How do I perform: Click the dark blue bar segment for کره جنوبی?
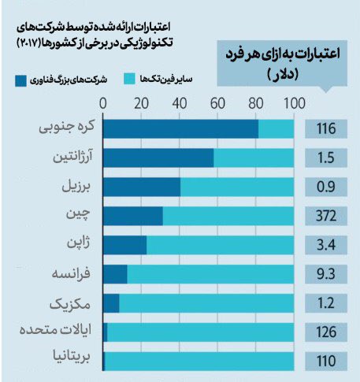pyautogui.click(x=180, y=128)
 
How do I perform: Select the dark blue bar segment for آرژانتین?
pyautogui.click(x=158, y=158)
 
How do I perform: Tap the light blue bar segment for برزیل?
pyautogui.click(x=237, y=187)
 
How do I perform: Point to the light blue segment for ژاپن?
pyautogui.click(x=220, y=245)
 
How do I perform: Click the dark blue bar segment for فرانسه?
pyautogui.click(x=115, y=273)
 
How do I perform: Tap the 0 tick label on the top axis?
pyautogui.click(x=104, y=102)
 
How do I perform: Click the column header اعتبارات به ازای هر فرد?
pyautogui.click(x=286, y=61)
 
